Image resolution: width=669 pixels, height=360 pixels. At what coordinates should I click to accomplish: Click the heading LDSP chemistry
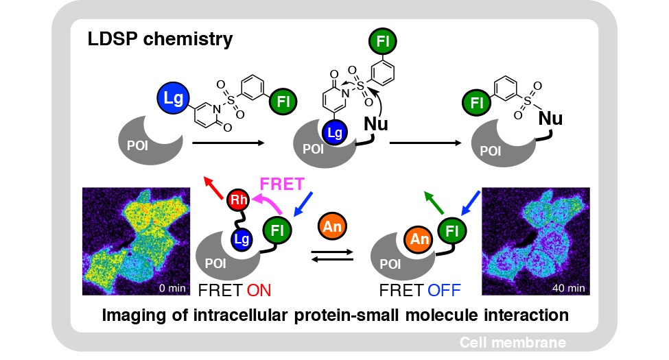160,39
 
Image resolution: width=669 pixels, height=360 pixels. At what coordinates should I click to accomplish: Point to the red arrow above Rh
215,186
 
